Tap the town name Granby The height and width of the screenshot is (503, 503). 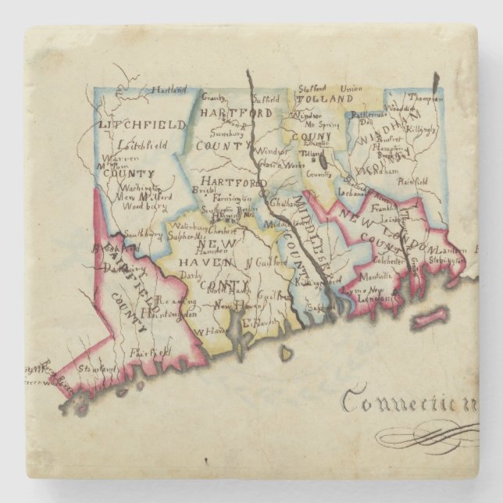coord(213,98)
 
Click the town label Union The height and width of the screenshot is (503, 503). coord(351,88)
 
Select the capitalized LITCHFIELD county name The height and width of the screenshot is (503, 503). coord(142,124)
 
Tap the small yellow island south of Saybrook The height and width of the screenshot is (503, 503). coord(285,352)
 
